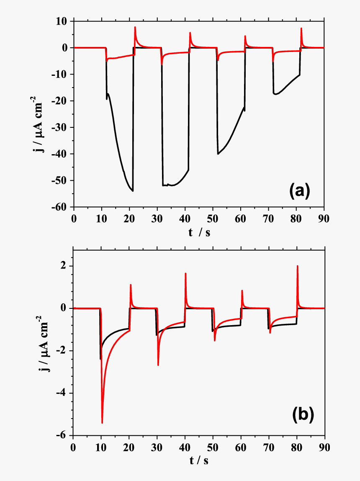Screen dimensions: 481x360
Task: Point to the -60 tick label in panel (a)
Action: coord(62,207)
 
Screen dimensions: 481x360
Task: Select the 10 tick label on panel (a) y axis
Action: coord(64,21)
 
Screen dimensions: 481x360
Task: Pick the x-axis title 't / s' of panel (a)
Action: coord(199,233)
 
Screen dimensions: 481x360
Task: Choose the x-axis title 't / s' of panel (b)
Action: coord(199,461)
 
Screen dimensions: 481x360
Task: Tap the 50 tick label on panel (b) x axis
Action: coord(213,447)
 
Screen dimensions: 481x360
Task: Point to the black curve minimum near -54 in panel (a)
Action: coord(133,191)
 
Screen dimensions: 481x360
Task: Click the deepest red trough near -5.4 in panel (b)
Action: coord(102,423)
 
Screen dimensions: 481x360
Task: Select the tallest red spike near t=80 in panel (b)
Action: coord(297,266)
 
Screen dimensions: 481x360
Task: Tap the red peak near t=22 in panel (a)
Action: coord(135,27)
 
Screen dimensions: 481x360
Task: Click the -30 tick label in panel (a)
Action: coord(62,127)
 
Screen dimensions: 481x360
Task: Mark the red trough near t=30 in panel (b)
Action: coord(158,365)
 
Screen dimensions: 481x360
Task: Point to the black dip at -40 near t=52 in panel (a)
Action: coord(218,154)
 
